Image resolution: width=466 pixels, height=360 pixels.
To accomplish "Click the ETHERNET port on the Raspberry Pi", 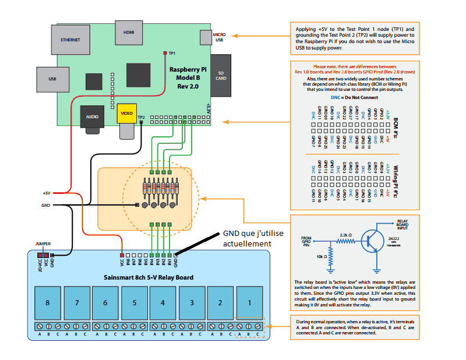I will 70,41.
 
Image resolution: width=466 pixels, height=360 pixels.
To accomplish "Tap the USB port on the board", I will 52,79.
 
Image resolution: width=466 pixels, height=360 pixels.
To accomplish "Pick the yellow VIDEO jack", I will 126,113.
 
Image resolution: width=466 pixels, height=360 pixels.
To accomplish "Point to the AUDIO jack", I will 92,116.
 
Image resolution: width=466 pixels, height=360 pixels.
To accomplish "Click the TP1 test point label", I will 172,52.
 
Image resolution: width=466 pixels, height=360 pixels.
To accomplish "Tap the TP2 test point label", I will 141,118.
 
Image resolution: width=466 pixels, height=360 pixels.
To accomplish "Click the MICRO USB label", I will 220,37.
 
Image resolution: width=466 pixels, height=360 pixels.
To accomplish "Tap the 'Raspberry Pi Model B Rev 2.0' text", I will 189,77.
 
